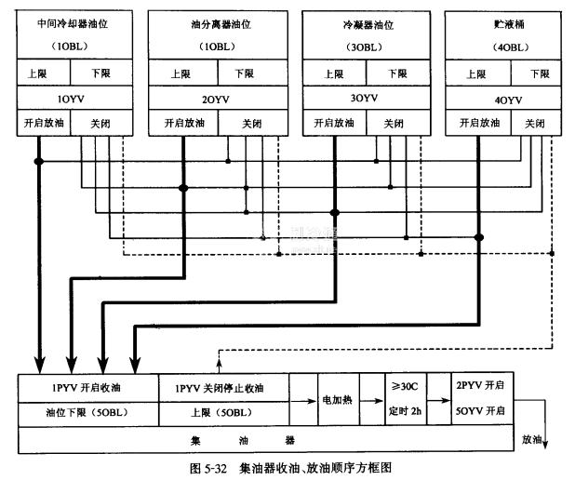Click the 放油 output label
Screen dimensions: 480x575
coord(532,437)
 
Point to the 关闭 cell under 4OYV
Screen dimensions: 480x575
coord(534,123)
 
